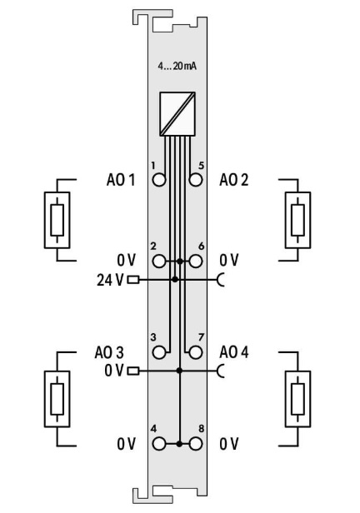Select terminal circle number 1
click(x=159, y=179)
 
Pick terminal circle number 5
click(x=196, y=179)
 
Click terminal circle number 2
click(x=159, y=261)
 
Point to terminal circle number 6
click(x=196, y=261)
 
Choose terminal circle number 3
click(x=159, y=351)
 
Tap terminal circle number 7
click(x=196, y=351)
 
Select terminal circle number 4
click(x=159, y=443)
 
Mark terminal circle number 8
click(x=196, y=443)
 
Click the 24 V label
click(x=110, y=279)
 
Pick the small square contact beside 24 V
click(x=132, y=279)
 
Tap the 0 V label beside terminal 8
click(x=229, y=443)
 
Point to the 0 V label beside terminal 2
click(x=126, y=261)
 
